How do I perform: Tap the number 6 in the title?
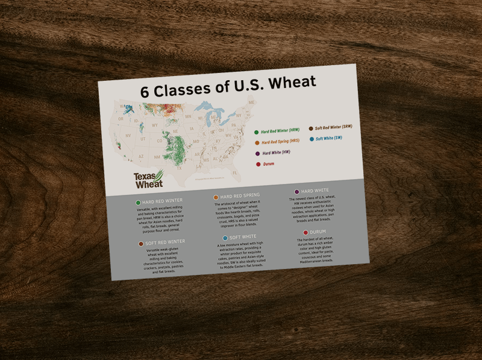(145, 92)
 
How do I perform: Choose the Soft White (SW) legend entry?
(329, 139)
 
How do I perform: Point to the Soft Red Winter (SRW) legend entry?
(333, 127)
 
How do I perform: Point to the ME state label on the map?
(251, 103)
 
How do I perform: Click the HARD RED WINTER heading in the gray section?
(163, 200)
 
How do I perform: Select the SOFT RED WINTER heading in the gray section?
(164, 242)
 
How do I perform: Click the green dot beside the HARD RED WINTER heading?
(139, 203)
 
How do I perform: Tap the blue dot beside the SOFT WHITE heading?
(225, 238)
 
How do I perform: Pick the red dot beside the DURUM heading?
(305, 232)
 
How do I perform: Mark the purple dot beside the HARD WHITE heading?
(296, 192)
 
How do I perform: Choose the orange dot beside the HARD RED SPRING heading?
(216, 197)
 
